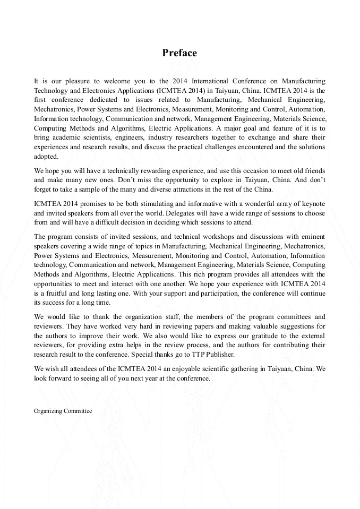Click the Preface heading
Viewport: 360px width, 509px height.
(x=179, y=53)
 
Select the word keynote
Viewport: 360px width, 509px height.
(x=313, y=203)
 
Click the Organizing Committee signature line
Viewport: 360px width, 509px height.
(x=63, y=411)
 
